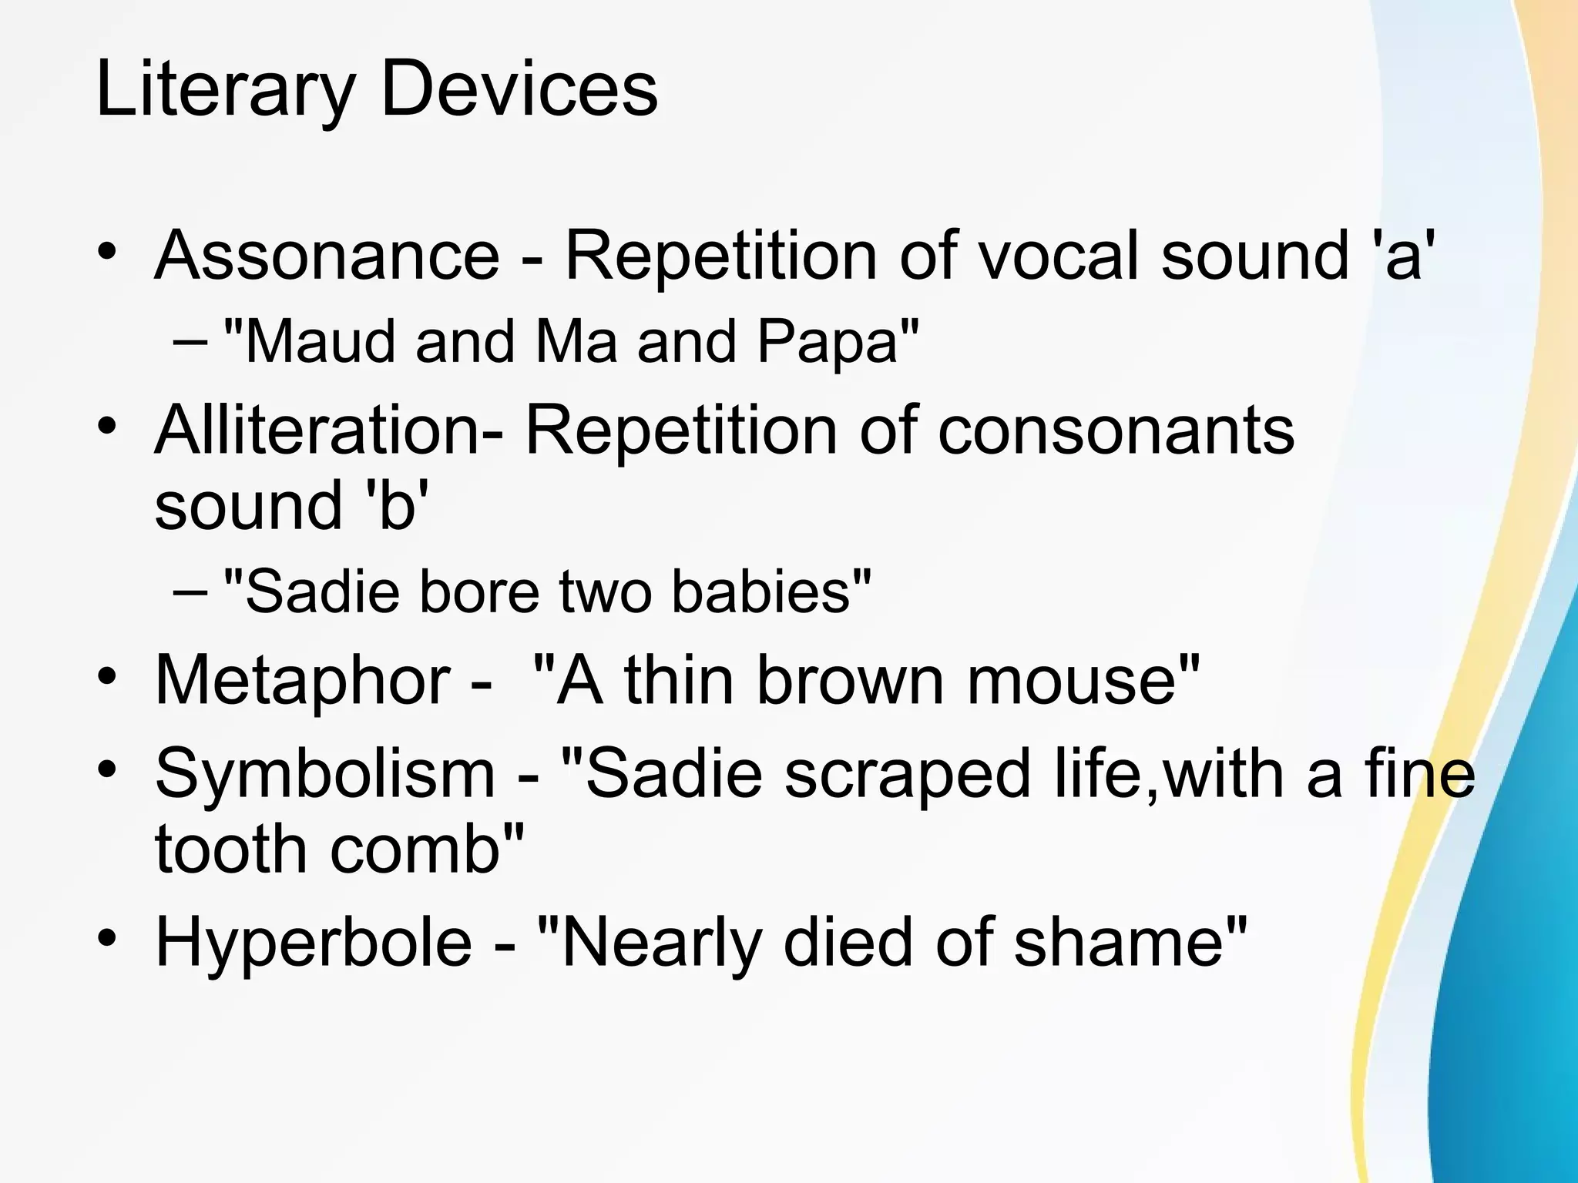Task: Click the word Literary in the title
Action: pyautogui.click(x=223, y=91)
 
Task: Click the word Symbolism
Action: pyautogui.click(x=324, y=773)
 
